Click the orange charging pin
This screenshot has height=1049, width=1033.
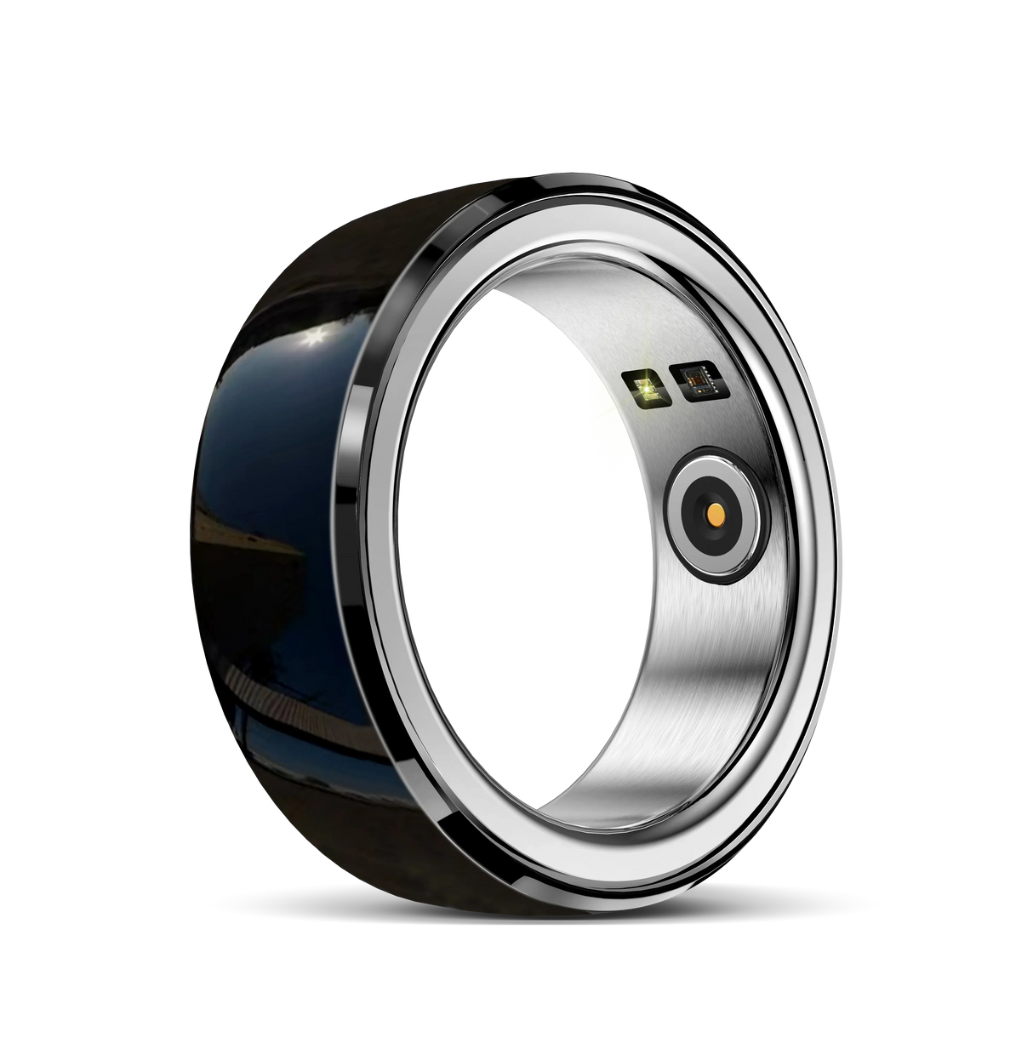[x=716, y=514]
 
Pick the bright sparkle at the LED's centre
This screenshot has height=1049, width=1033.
[x=646, y=388]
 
